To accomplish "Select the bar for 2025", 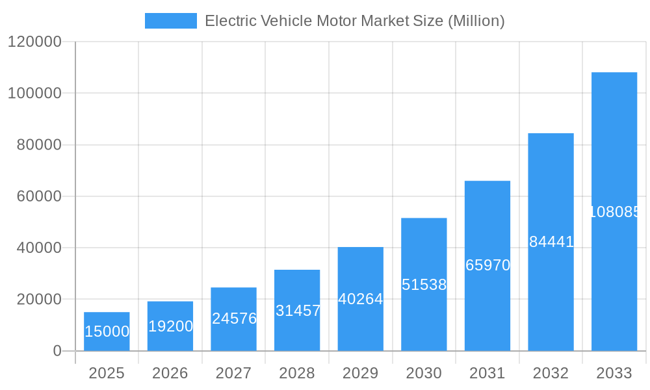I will coord(107,331).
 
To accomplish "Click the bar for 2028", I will coord(297,310).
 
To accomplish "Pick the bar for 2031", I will coord(487,265).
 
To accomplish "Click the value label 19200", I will coord(170,326).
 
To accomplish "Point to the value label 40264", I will coord(360,299).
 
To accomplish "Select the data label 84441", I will coord(551,242).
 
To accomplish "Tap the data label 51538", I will coord(424,285).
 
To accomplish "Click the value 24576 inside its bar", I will coord(234,318).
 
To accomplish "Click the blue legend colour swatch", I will coord(170,21).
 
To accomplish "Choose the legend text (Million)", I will coord(476,21).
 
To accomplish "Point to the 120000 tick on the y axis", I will coord(34,42).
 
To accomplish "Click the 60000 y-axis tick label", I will coord(38,196).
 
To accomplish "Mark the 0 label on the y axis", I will coord(57,351).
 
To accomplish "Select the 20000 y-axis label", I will coord(38,300).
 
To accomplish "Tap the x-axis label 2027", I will coord(233,373).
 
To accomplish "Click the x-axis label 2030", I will coord(424,373).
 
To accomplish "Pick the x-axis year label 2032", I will coord(551,373).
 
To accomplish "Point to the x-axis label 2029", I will coord(360,373).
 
